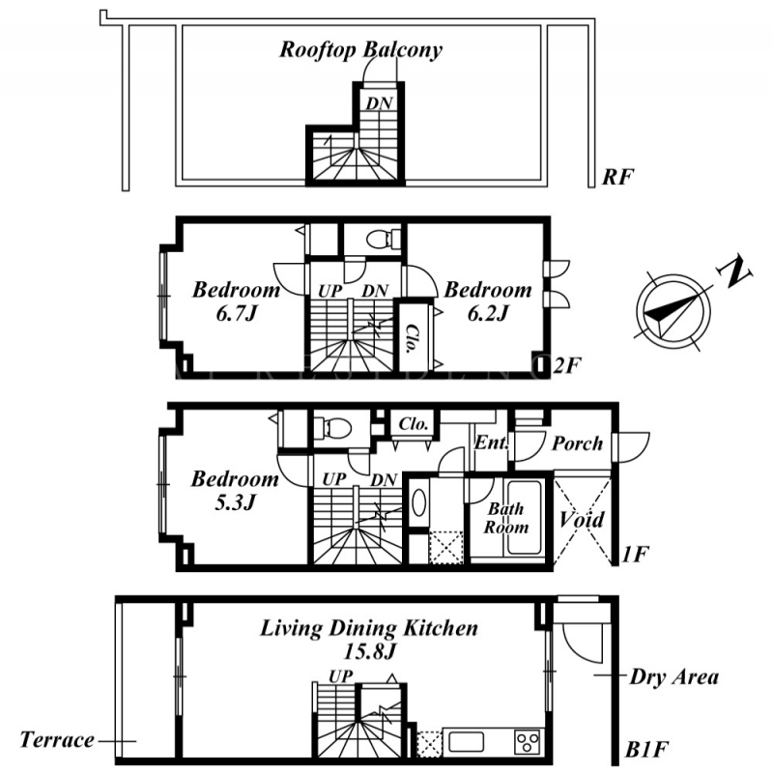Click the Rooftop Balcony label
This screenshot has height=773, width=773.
pyautogui.click(x=360, y=50)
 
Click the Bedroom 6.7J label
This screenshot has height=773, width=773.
pyautogui.click(x=236, y=301)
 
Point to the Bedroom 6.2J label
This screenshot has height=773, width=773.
pyautogui.click(x=488, y=301)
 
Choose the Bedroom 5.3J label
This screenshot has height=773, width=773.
pyautogui.click(x=235, y=490)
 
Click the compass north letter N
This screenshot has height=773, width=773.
pyautogui.click(x=734, y=272)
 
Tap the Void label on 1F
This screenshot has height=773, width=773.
pyautogui.click(x=582, y=519)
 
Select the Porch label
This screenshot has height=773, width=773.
pyautogui.click(x=577, y=444)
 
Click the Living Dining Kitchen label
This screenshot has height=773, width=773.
pyautogui.click(x=369, y=629)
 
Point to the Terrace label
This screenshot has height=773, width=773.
pyautogui.click(x=57, y=740)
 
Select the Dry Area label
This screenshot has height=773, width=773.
pyautogui.click(x=673, y=677)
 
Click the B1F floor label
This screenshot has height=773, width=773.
pyautogui.click(x=646, y=751)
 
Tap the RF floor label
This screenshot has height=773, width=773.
pyautogui.click(x=617, y=177)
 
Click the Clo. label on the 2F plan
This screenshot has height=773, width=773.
pyautogui.click(x=409, y=338)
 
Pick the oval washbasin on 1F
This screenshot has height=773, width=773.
pyautogui.click(x=418, y=502)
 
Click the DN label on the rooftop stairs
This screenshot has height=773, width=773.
pyautogui.click(x=379, y=103)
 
